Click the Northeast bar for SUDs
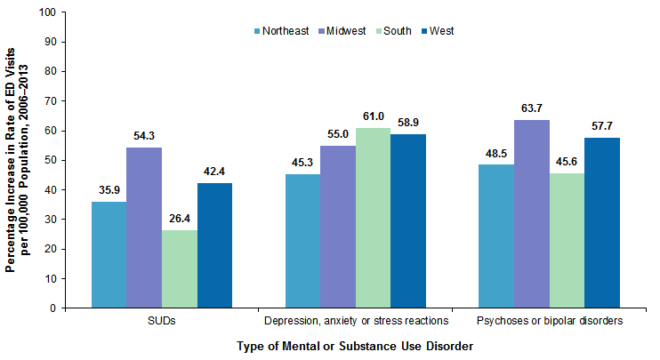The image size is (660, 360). pyautogui.click(x=109, y=254)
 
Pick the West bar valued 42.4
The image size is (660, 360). pyautogui.click(x=214, y=245)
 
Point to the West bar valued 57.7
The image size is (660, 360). pyautogui.click(x=602, y=222)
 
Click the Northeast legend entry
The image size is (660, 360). pyautogui.click(x=280, y=30)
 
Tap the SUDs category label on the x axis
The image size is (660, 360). pyautogui.click(x=162, y=320)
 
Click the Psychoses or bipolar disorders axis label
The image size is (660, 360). pyautogui.click(x=549, y=320)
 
